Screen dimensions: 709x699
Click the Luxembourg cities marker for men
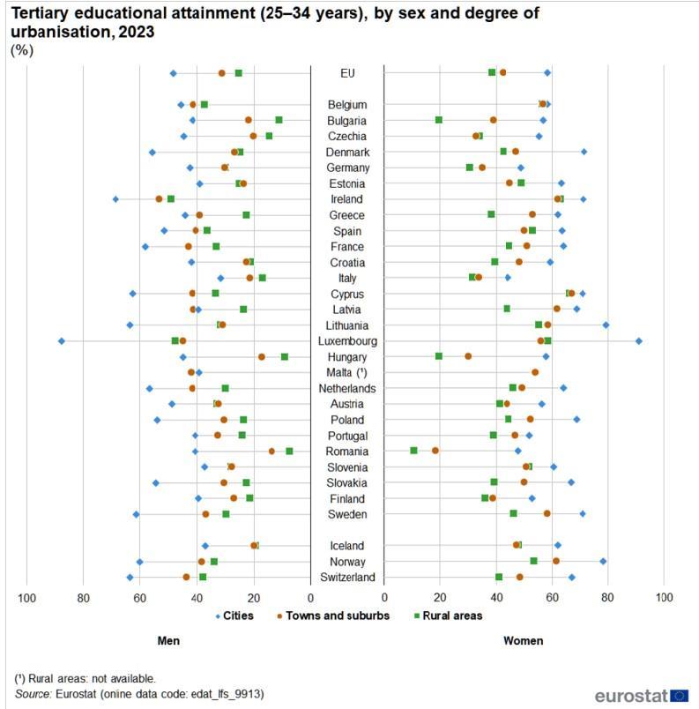point(61,340)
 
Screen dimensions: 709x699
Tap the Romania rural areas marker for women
point(413,451)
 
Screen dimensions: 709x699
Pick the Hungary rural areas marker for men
point(285,356)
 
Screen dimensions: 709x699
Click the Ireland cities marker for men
point(115,199)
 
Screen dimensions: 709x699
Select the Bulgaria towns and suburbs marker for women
point(493,120)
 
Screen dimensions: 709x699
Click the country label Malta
point(347,373)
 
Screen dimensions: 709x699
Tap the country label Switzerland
point(347,578)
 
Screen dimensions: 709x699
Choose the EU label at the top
point(347,73)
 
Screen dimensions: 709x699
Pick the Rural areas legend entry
point(446,616)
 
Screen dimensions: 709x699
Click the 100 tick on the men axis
point(26,598)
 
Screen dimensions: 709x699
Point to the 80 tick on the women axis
point(607,598)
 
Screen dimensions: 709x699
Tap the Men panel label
point(168,641)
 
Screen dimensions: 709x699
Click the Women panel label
point(523,641)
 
